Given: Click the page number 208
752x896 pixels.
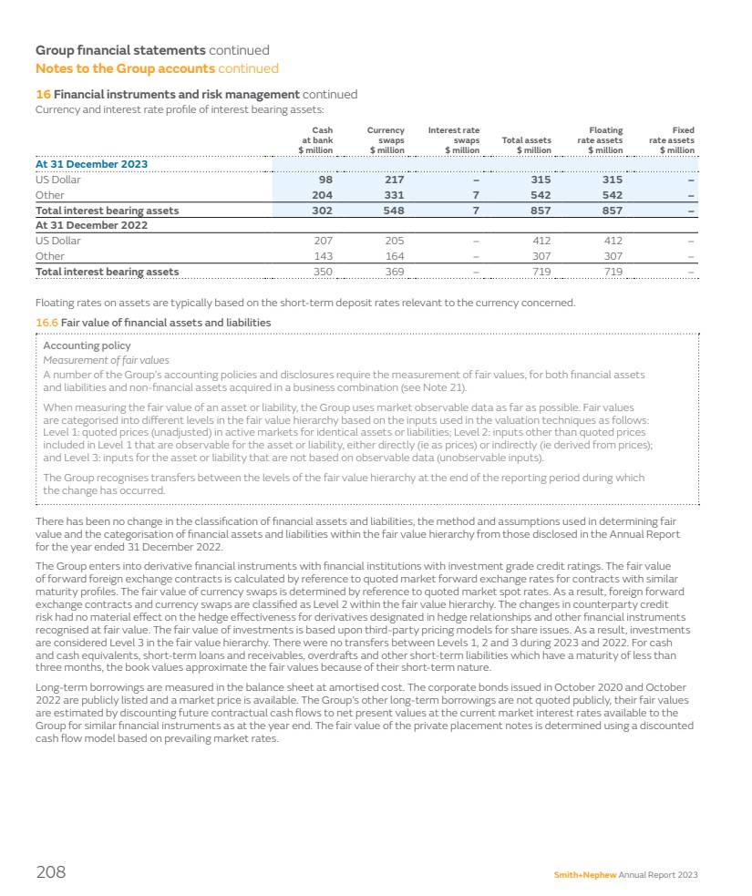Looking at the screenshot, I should tap(51, 872).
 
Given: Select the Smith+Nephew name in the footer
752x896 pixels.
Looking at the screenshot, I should tap(585, 874).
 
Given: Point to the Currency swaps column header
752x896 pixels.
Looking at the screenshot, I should tap(386, 140).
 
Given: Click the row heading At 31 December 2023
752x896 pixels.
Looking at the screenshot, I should tap(91, 164).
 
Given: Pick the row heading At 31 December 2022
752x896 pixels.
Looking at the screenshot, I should tap(91, 225).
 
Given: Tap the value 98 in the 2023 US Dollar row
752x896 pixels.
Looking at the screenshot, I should tap(325, 180).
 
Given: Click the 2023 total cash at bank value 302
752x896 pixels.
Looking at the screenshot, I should tap(322, 211).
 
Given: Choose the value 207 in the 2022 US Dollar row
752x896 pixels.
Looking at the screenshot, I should tap(323, 241).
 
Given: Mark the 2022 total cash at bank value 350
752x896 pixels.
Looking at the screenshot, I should tap(323, 272).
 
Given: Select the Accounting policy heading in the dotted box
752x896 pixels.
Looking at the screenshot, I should tap(88, 346).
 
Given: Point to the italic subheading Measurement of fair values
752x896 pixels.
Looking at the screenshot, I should tap(107, 360).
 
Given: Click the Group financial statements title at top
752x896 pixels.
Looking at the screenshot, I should tap(119, 51).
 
